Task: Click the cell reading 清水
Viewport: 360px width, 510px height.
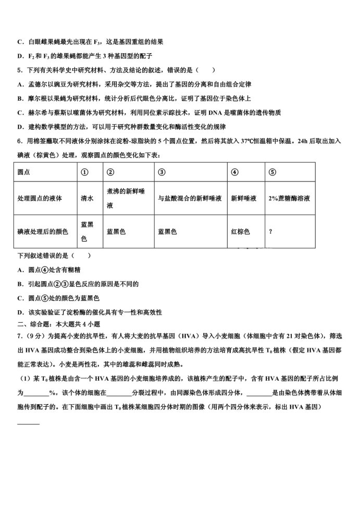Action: point(86,198)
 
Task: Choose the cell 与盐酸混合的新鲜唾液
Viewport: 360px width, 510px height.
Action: point(190,198)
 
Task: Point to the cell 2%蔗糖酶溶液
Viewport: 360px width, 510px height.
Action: point(290,198)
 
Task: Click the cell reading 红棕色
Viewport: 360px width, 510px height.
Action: point(240,232)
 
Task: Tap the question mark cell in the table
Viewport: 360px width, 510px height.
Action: point(270,232)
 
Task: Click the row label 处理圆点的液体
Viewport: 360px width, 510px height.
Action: point(40,198)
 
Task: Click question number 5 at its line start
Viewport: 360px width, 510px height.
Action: point(19,70)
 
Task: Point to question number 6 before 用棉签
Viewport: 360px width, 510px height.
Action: point(19,141)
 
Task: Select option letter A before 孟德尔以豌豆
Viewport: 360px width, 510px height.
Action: point(19,84)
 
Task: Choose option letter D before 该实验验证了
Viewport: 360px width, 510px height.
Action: point(19,312)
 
